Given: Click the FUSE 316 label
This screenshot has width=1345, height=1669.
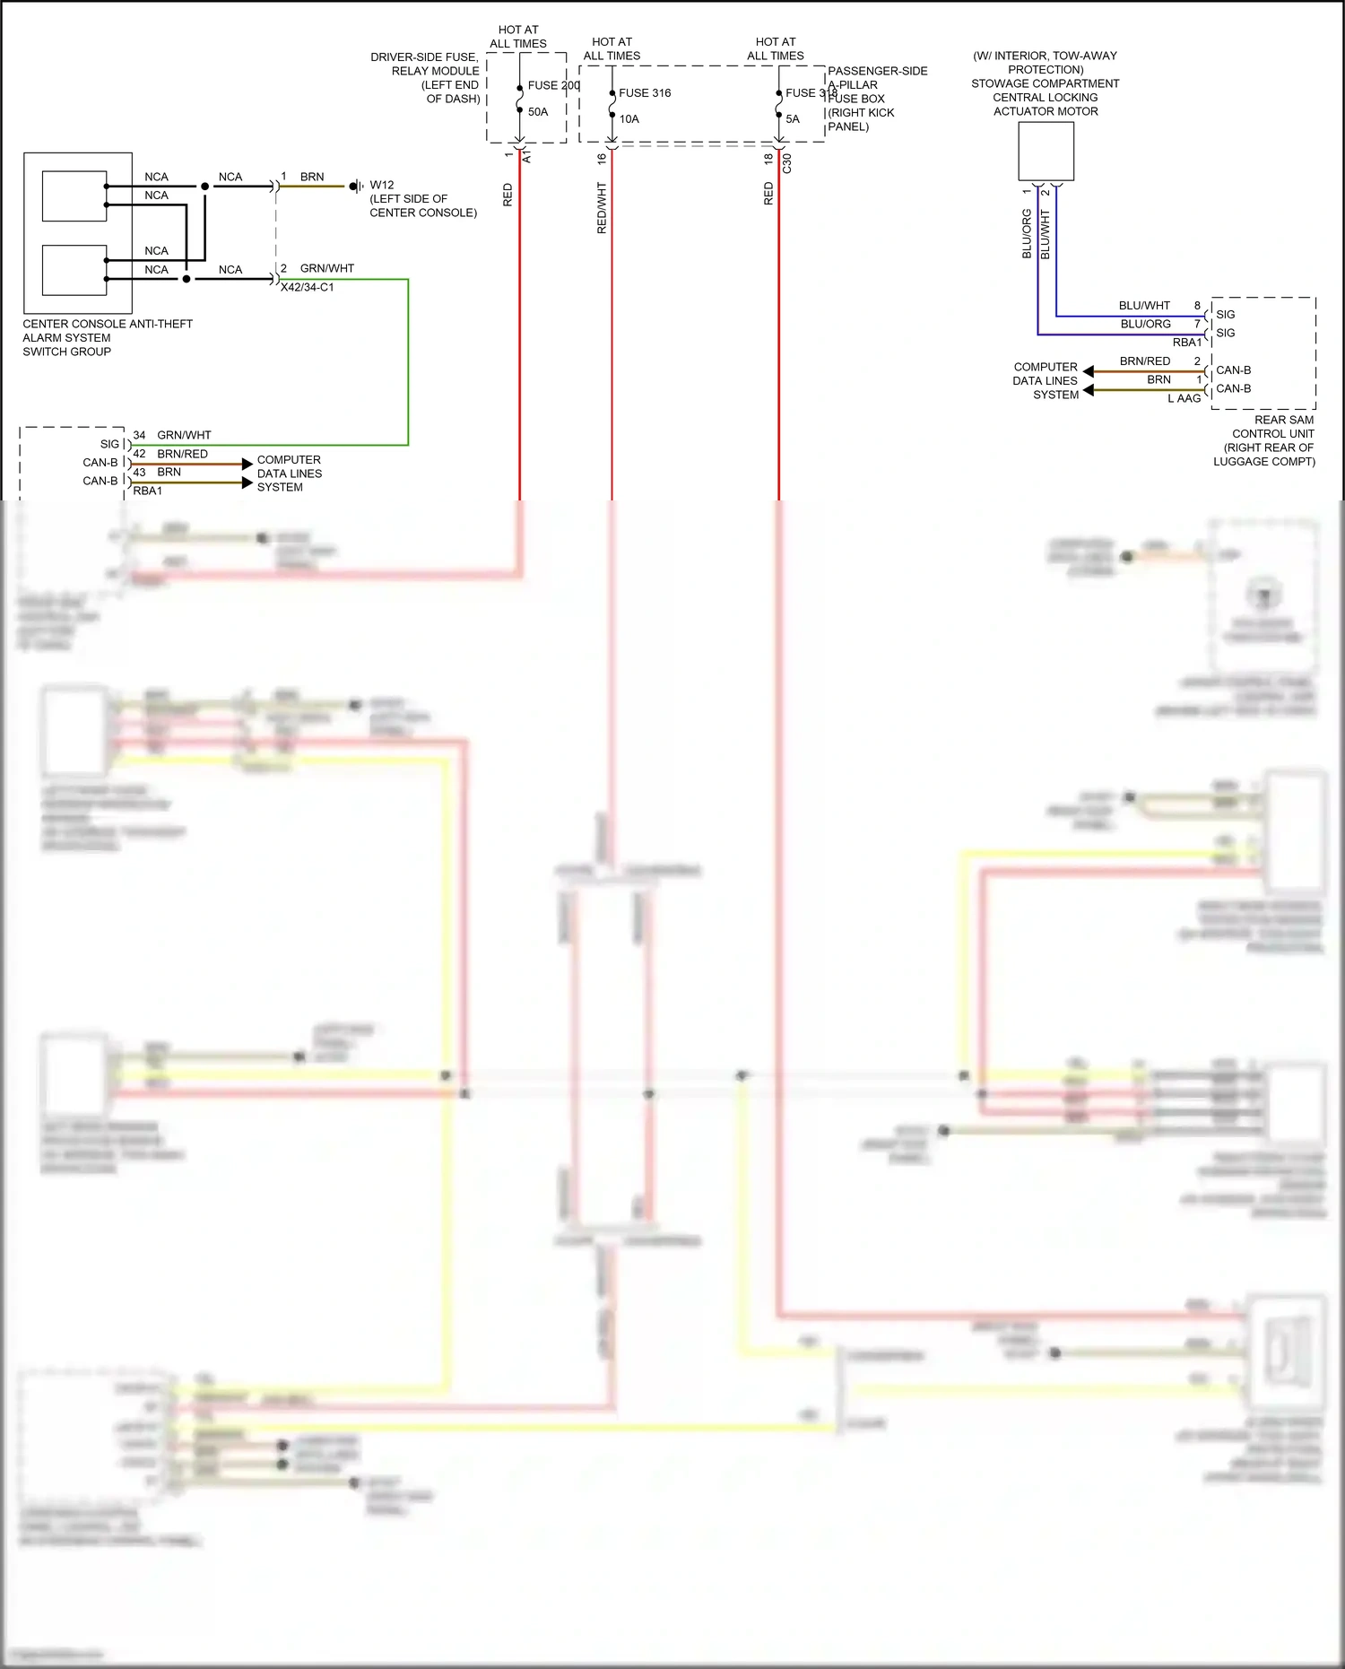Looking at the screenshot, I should [x=644, y=93].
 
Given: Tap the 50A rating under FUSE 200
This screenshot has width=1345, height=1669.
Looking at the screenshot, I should [x=538, y=112].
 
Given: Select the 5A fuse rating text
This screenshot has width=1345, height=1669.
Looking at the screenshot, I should [x=793, y=119].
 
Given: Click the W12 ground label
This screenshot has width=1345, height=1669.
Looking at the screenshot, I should [x=382, y=186].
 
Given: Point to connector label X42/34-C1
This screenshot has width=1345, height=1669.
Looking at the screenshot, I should [x=307, y=288].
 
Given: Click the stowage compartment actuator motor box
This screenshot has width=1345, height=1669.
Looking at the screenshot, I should [x=1046, y=152].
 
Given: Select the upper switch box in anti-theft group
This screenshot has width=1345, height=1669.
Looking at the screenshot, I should [x=74, y=196].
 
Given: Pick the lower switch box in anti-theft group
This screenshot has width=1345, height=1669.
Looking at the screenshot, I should [x=74, y=270].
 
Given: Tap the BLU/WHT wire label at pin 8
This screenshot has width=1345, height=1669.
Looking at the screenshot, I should [x=1144, y=306].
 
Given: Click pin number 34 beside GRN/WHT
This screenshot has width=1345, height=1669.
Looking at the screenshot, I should [x=139, y=435].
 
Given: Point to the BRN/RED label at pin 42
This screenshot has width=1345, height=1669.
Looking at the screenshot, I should [x=182, y=454].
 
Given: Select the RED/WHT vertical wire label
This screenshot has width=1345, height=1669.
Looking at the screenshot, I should [x=602, y=208].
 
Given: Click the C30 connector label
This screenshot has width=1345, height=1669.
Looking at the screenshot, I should [x=787, y=163].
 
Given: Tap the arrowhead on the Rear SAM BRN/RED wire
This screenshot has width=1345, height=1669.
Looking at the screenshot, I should [x=1088, y=371].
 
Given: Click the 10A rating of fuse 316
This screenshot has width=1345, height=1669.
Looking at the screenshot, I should [x=629, y=119].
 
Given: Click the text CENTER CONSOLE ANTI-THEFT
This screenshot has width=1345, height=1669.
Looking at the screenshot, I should [x=108, y=325].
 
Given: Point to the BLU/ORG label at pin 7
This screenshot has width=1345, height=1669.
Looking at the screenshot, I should [x=1145, y=325].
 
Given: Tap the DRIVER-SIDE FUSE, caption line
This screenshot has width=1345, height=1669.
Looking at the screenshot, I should [x=424, y=57].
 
